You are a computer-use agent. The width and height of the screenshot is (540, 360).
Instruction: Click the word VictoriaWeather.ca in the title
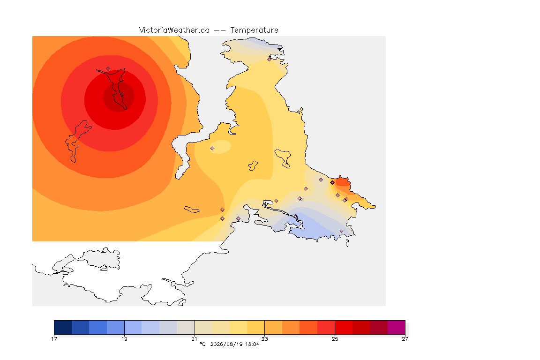coord(174,30)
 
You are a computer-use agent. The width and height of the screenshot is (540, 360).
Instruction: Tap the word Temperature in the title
coord(254,30)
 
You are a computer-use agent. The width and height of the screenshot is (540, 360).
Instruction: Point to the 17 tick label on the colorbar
coord(54,339)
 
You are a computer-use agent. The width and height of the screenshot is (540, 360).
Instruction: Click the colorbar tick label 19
coord(124,339)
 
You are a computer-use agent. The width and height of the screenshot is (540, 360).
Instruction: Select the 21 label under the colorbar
coord(195,339)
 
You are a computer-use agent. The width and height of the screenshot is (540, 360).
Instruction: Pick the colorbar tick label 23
coord(264,339)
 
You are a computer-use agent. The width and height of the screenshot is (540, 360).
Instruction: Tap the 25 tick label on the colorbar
coord(335,339)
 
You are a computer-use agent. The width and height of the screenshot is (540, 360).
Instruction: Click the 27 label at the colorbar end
coord(405,339)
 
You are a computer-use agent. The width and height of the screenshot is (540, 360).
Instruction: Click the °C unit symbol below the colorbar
coord(203,344)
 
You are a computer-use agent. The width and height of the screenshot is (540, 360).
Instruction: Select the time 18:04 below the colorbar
coord(252,344)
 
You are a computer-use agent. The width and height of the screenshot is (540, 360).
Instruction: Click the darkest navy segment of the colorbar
coord(63,327)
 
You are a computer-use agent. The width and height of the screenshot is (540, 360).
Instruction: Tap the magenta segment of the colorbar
coord(397,327)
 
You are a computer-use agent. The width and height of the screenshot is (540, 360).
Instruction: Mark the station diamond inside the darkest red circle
coord(122,94)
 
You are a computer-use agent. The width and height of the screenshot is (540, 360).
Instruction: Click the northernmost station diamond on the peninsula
coord(270,59)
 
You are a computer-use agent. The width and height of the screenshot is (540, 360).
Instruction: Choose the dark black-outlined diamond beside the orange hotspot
coord(332,183)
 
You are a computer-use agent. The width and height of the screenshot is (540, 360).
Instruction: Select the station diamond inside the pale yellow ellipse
coord(212,149)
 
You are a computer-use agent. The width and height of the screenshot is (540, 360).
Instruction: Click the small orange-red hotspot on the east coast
coord(343,181)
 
